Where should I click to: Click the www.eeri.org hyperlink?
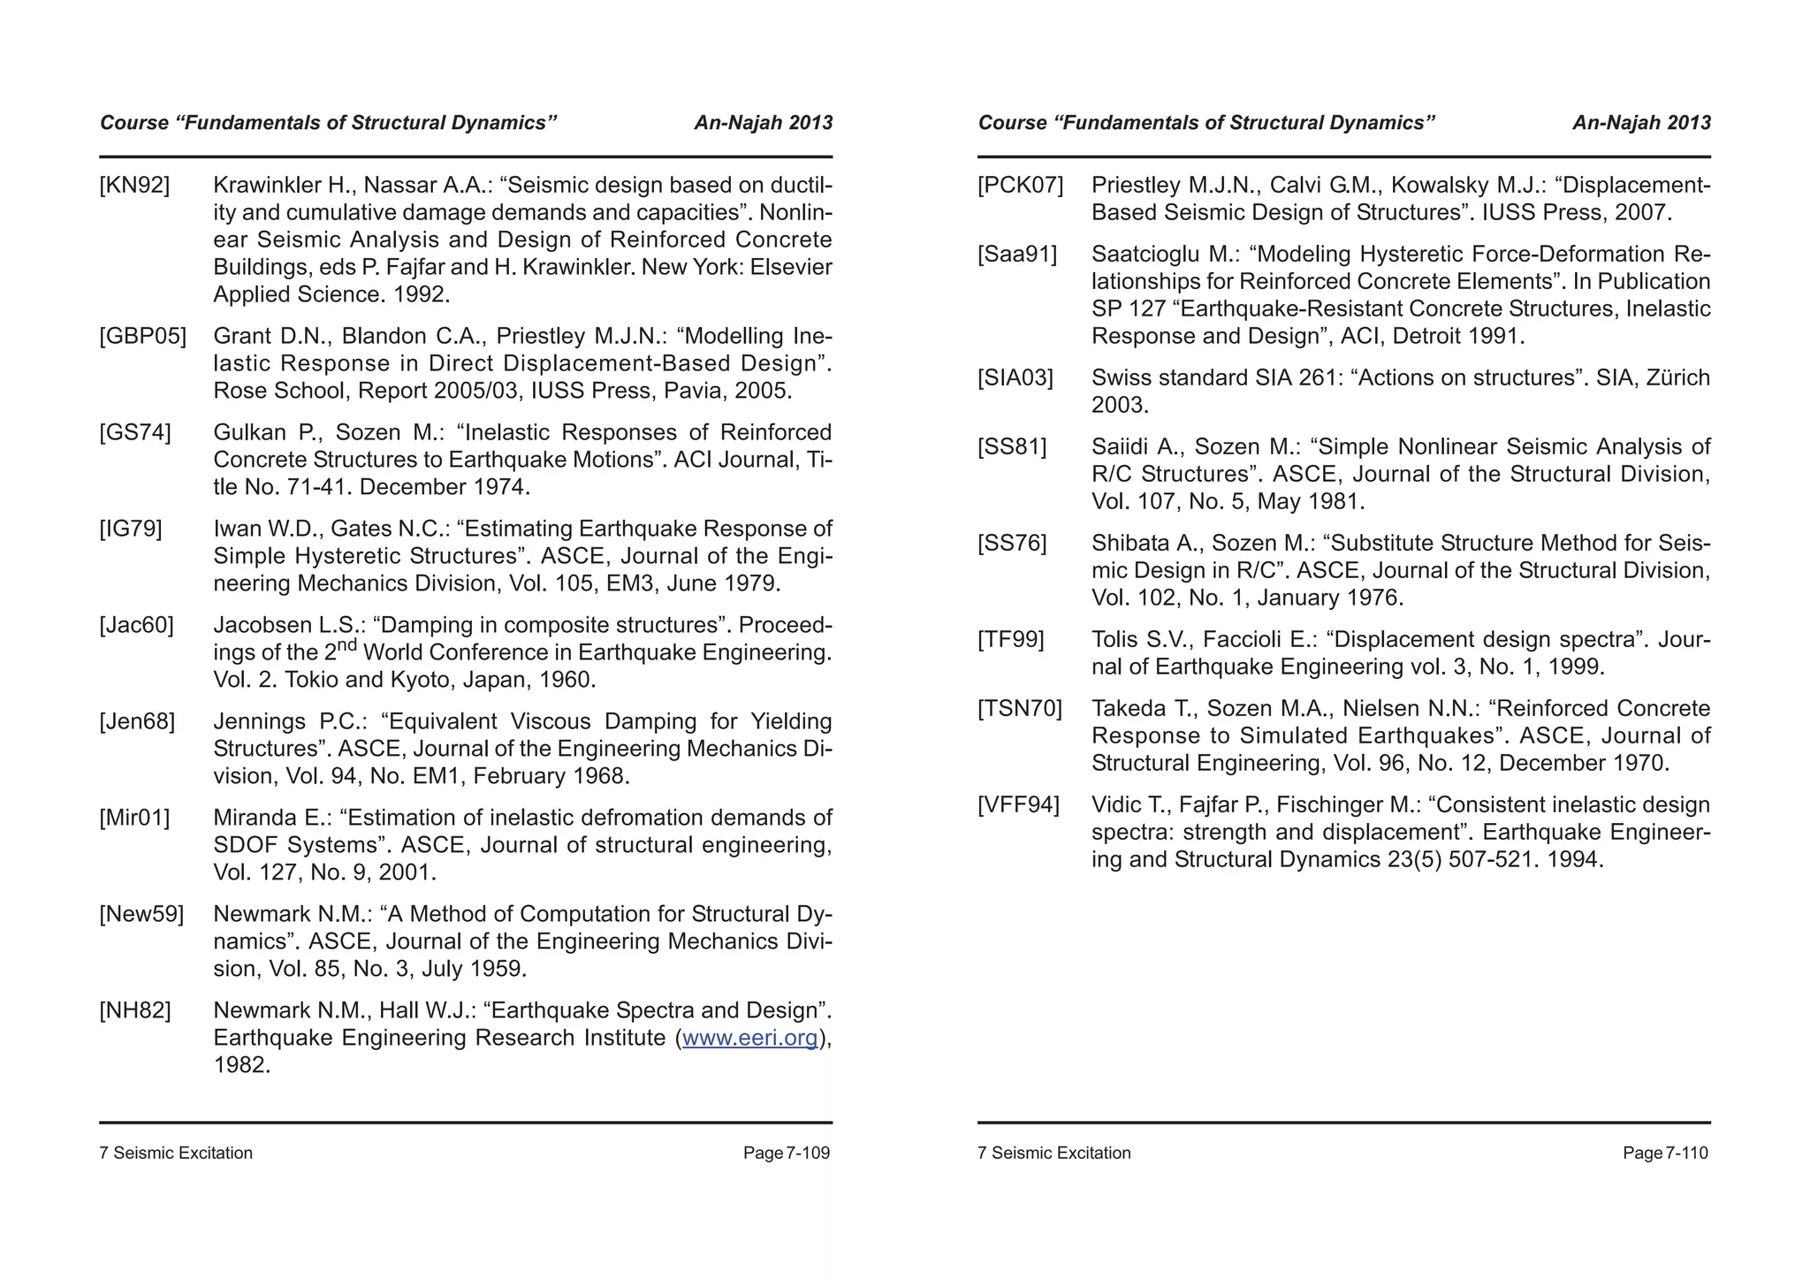(749, 1038)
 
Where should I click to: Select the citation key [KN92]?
(134, 186)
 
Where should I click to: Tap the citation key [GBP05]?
(142, 337)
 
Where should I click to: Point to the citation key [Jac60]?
(136, 626)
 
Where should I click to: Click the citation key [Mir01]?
(134, 818)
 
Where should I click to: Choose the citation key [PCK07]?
(1020, 186)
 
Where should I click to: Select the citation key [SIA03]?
(1015, 378)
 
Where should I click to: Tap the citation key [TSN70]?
(1019, 709)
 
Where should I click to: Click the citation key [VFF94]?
(1018, 805)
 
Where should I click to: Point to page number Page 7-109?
(786, 1154)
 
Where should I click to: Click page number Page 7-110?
(1665, 1154)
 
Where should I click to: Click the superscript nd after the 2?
(346, 646)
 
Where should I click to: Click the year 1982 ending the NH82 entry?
(241, 1065)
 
